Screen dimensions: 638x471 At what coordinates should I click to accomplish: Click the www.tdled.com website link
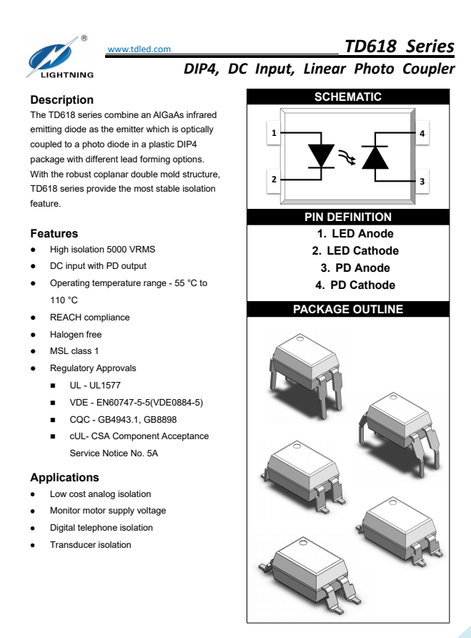pyautogui.click(x=139, y=49)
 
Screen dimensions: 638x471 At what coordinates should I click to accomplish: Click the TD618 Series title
pyautogui.click(x=399, y=46)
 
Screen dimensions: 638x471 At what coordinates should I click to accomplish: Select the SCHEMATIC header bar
pyautogui.click(x=348, y=97)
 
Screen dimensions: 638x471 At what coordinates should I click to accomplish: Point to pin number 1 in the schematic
pyautogui.click(x=274, y=133)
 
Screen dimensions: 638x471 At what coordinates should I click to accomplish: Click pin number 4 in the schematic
pyautogui.click(x=422, y=133)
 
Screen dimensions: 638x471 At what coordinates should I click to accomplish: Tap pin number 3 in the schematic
pyautogui.click(x=422, y=182)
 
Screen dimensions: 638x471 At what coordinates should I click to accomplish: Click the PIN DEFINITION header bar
pyautogui.click(x=348, y=217)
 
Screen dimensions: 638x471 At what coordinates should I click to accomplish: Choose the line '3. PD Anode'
pyautogui.click(x=355, y=268)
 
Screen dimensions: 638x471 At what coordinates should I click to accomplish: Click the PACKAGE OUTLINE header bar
pyautogui.click(x=348, y=310)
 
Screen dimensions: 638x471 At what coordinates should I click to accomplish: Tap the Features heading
pyautogui.click(x=54, y=234)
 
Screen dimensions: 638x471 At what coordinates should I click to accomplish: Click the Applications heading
pyautogui.click(x=64, y=478)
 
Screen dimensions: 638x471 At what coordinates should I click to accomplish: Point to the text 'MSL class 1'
pyautogui.click(x=74, y=351)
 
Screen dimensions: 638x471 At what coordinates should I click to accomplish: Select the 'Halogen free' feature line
pyautogui.click(x=76, y=335)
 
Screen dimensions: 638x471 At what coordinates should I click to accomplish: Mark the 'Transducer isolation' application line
pyautogui.click(x=91, y=545)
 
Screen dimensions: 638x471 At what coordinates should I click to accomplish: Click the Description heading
pyautogui.click(x=62, y=100)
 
